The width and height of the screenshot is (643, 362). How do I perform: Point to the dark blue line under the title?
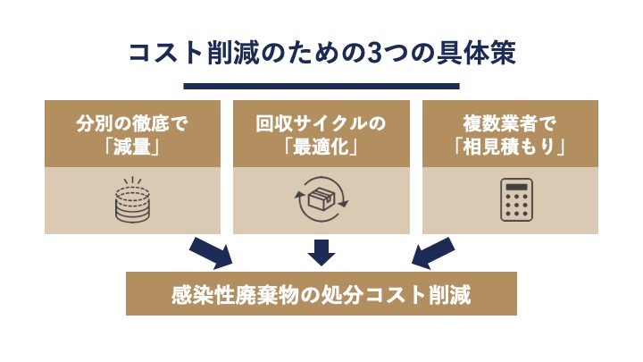point(321,86)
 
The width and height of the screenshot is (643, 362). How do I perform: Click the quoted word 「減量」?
point(132,146)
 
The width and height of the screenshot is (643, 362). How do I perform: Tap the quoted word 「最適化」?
point(321,146)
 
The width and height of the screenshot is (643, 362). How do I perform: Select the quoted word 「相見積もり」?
point(510,146)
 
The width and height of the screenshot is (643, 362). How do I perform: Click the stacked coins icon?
point(132,200)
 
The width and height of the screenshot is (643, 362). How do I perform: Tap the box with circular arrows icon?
point(321,200)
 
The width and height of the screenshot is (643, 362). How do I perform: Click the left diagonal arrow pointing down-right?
point(211,254)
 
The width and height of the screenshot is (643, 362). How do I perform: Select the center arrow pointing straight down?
point(321,252)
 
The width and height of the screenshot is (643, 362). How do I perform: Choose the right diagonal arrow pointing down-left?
point(433,254)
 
